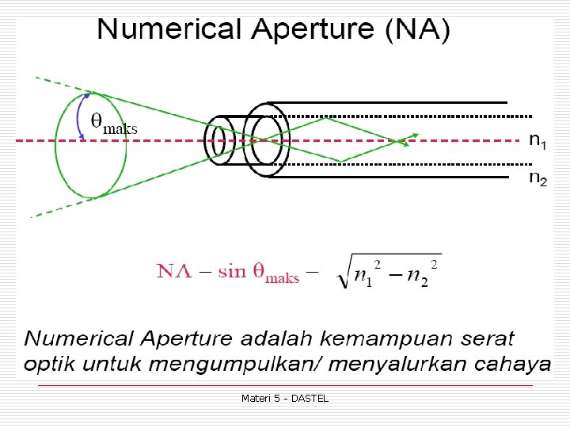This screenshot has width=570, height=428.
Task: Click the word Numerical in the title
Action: (167, 30)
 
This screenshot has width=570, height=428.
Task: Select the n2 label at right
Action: (537, 179)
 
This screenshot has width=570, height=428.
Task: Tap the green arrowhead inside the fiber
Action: (405, 143)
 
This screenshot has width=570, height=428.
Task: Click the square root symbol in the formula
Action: (343, 273)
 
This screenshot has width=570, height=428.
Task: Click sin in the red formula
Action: (233, 271)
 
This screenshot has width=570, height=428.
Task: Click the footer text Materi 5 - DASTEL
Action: (285, 398)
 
